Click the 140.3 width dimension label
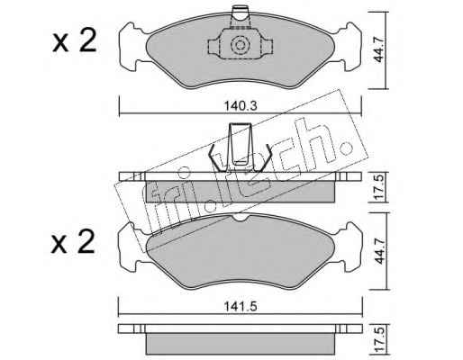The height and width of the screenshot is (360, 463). (241, 106)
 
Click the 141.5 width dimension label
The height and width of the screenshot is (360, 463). (241, 307)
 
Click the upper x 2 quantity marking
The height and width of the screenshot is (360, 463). (74, 41)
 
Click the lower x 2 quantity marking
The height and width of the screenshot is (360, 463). (74, 242)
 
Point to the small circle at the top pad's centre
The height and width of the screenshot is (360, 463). (240, 45)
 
